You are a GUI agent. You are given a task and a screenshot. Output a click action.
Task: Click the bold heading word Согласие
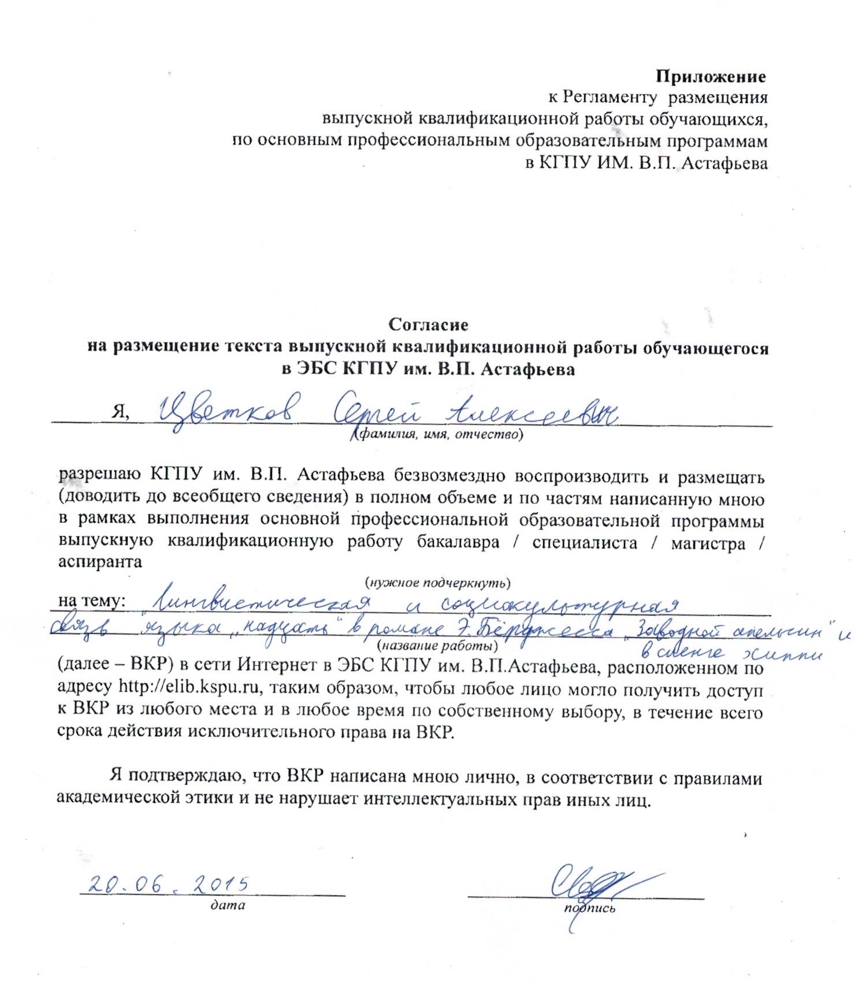[428, 325]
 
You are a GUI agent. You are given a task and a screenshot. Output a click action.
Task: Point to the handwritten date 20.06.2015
[168, 884]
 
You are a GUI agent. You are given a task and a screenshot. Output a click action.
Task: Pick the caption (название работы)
[437, 645]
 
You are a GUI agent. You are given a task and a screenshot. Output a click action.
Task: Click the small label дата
[228, 905]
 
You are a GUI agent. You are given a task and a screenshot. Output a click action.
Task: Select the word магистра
[708, 543]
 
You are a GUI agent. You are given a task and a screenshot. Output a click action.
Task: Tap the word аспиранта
[100, 562]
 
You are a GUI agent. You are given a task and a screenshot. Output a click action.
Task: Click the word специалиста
[585, 543]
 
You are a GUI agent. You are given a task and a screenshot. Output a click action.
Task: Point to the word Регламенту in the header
[609, 98]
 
